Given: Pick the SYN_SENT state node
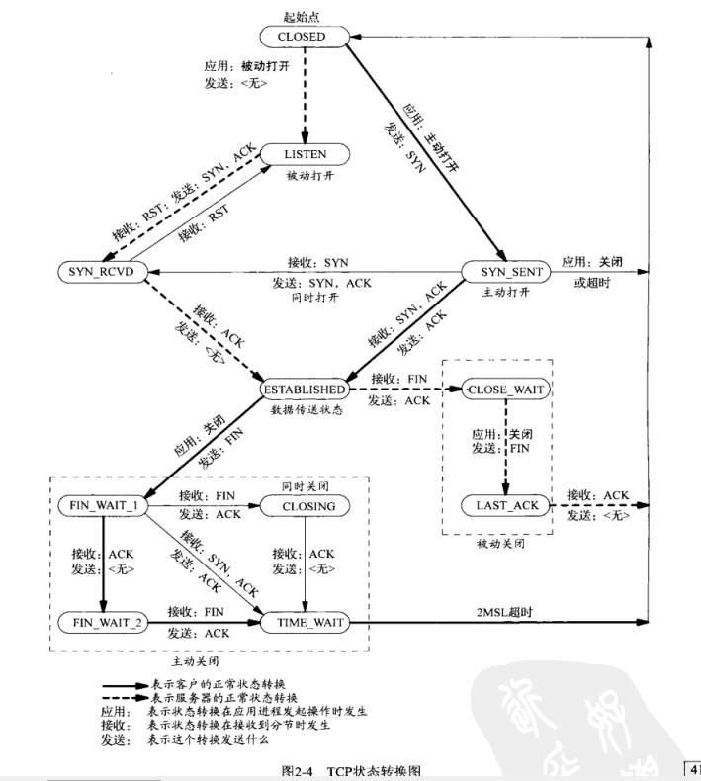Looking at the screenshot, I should [x=507, y=271].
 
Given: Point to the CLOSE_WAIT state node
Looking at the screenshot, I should [x=507, y=389].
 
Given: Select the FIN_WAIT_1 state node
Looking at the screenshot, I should [x=104, y=505].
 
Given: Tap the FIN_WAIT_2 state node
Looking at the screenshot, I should [x=104, y=622].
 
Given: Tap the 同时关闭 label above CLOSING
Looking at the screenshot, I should [x=303, y=485].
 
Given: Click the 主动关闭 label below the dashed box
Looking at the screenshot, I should [x=194, y=661].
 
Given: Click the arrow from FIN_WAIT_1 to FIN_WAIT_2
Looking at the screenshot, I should [x=104, y=564].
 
